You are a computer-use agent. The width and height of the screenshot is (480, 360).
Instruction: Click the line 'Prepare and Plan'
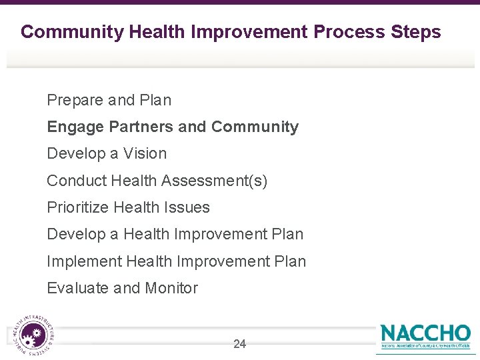(109, 100)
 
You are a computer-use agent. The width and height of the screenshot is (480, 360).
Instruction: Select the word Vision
(145, 153)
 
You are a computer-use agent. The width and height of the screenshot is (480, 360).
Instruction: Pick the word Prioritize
(78, 207)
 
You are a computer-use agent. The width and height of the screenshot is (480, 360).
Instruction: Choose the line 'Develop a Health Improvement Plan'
(175, 234)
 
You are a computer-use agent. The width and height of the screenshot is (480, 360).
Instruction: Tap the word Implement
(84, 261)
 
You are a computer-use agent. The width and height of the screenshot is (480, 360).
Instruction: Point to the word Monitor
(171, 288)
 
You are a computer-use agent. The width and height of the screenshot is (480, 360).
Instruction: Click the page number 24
(239, 344)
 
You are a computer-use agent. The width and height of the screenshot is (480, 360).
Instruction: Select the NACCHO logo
(425, 336)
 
